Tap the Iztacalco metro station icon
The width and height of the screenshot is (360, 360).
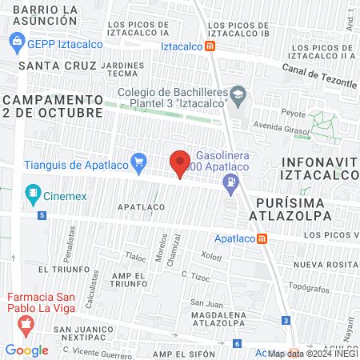pyautogui.click(x=210, y=46)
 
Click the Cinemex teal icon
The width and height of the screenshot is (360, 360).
pyautogui.click(x=33, y=192)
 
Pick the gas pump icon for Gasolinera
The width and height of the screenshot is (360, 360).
pyautogui.click(x=231, y=182)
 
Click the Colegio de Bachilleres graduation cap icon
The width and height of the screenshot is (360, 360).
pyautogui.click(x=238, y=95)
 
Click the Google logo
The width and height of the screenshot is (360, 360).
pyautogui.click(x=26, y=350)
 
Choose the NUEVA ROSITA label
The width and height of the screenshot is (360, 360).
pyautogui.click(x=324, y=264)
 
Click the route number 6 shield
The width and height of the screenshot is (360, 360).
pyautogui.click(x=237, y=344)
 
